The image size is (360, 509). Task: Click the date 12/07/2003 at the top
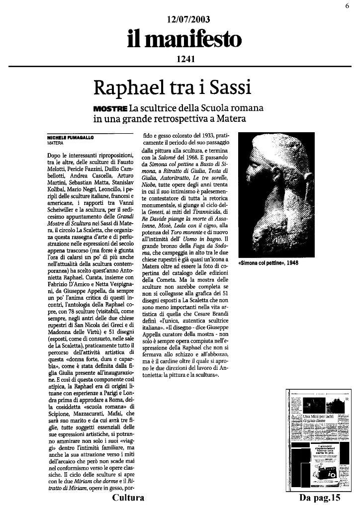pos(189,20)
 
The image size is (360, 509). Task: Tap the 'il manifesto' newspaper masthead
pos(184,40)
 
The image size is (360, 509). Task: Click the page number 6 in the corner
pos(347,5)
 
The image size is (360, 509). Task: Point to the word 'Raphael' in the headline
pos(125,88)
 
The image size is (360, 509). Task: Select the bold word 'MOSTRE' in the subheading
pos(110,108)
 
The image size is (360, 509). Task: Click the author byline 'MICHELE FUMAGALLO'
pos(70,137)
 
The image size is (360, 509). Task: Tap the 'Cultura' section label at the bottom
pos(128,498)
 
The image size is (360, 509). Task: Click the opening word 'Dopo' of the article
pos(55,156)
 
